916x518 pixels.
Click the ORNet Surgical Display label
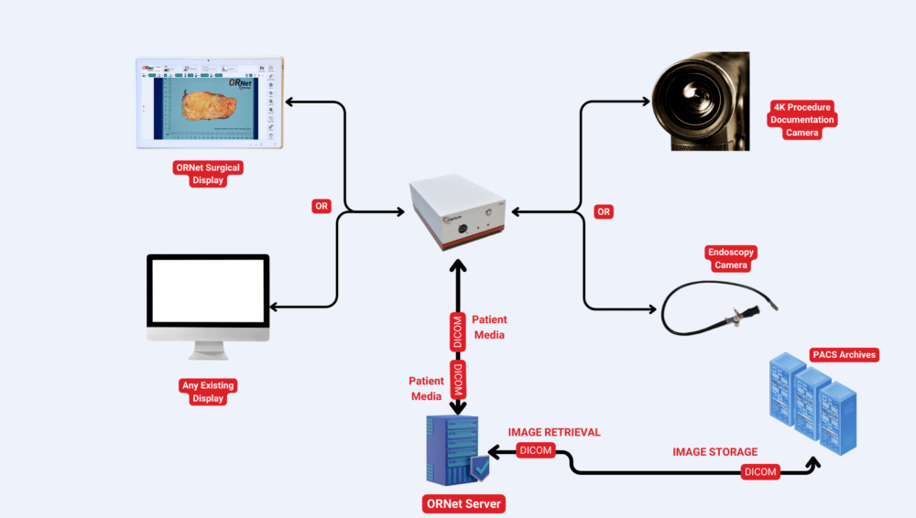pos(209,174)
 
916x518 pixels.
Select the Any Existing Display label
pos(209,392)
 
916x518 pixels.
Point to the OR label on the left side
pos(321,206)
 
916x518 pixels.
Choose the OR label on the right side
pos(603,211)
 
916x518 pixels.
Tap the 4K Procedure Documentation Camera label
pos(802,120)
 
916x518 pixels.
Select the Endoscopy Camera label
pos(732,259)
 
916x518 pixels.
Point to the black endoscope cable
pos(696,311)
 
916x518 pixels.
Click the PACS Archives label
pos(844,354)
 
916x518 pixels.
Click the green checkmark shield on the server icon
pos(480,468)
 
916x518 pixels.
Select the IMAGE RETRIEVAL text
pos(554,432)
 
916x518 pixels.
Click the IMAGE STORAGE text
pos(715,451)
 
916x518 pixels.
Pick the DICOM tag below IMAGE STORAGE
pos(760,472)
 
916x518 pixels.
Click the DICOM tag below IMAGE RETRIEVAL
pos(536,450)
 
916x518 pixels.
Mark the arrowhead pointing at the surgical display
pos(289,101)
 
